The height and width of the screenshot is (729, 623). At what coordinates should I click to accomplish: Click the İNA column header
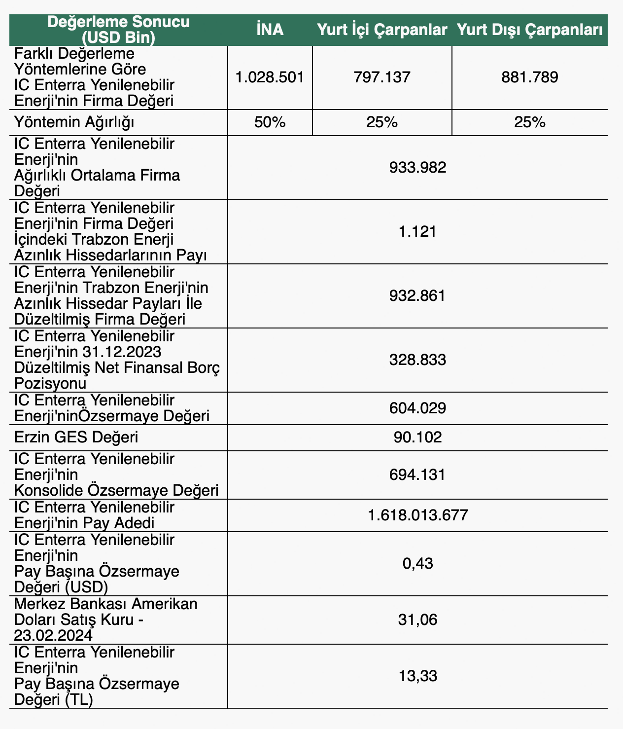pos(270,30)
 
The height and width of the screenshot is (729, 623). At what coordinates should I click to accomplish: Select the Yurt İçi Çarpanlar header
pos(382,30)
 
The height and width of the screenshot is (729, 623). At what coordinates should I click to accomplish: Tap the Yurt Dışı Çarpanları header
pos(529,30)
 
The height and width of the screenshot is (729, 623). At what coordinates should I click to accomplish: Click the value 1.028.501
pos(270,77)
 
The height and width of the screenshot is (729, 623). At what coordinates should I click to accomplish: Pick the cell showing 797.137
pos(382,77)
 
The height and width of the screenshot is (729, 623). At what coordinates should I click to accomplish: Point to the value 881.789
pos(530,77)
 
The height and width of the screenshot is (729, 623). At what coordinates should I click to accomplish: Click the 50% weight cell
pos(270,122)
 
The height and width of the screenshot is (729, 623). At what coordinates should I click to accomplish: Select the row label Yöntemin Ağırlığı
pos(75,122)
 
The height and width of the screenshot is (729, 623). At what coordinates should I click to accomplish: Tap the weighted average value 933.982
pos(417,168)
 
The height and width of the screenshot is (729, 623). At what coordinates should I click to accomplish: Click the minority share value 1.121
pos(417,231)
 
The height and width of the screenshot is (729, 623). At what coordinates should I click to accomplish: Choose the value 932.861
pos(417,295)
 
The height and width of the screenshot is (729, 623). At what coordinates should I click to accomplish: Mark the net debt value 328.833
pos(417,360)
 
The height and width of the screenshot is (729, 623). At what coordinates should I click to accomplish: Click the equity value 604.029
pos(417,408)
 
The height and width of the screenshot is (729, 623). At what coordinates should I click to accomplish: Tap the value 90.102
pos(417,437)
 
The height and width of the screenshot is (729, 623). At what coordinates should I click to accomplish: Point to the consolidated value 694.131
pos(417,474)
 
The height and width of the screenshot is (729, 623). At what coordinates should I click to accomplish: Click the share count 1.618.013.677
pos(417,515)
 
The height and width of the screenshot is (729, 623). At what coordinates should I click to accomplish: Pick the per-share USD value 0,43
pos(417,563)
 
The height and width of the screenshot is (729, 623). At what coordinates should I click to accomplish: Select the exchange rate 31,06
pos(417,619)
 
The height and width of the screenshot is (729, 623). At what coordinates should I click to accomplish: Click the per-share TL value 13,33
pos(417,676)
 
